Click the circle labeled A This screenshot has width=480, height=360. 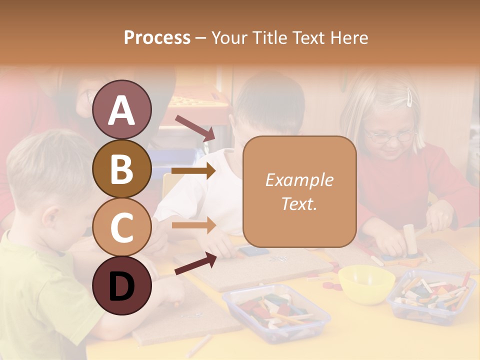pos(121,109)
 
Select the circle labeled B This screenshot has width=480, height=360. pos(121,169)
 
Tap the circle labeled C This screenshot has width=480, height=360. pos(121,227)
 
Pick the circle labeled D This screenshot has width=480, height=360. pos(121,285)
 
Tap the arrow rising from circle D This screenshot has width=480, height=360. pos(195,264)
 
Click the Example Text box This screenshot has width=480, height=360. pos(299,191)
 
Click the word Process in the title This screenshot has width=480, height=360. pos(157,37)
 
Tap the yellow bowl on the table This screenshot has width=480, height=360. pos(366,283)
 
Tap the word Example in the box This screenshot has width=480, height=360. pos(299,180)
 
